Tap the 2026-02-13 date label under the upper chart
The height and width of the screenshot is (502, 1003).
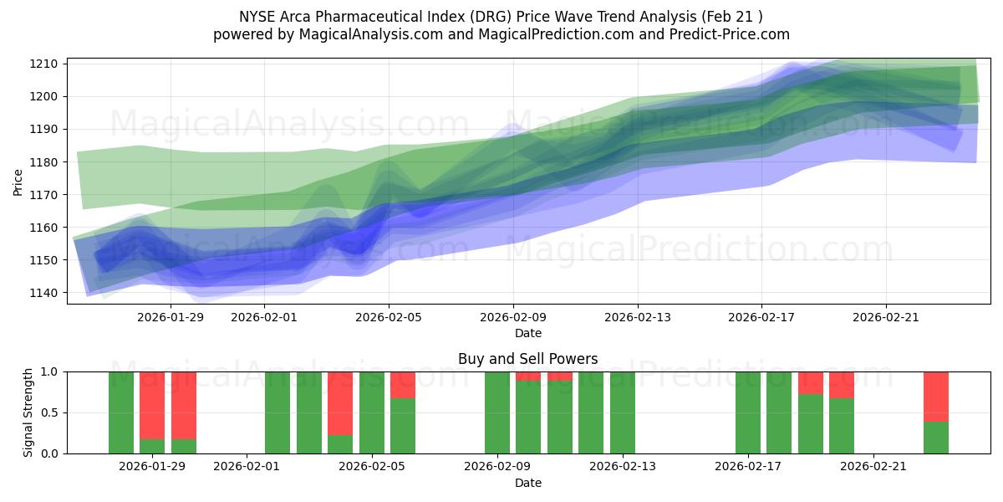[638, 317]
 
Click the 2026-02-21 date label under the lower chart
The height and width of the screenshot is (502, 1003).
[873, 467]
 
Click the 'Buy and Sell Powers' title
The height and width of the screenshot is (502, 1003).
[527, 359]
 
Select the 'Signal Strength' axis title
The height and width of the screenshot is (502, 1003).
[28, 412]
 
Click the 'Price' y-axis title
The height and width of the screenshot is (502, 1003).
[18, 181]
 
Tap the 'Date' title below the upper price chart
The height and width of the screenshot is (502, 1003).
[527, 333]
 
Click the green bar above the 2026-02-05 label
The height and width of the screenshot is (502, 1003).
[372, 412]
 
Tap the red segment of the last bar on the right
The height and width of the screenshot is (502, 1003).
[936, 396]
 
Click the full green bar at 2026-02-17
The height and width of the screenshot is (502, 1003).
[748, 412]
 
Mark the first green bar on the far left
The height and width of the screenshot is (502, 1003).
[121, 412]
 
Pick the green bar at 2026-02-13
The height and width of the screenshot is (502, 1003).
[623, 412]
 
